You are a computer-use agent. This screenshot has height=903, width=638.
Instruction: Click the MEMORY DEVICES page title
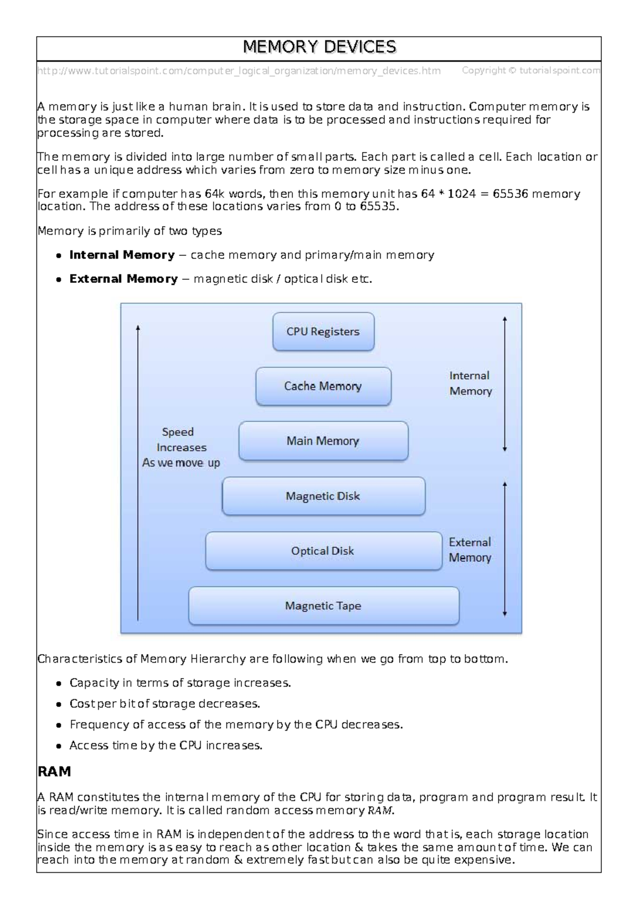[319, 47]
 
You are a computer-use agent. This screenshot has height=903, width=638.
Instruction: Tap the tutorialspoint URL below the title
[239, 71]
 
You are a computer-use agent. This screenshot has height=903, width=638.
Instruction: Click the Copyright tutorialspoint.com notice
[531, 70]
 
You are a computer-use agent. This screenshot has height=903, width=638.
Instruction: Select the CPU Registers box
[323, 332]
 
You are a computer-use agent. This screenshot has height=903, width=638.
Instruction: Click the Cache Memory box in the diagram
[323, 387]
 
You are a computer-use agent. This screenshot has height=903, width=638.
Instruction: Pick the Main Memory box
[323, 441]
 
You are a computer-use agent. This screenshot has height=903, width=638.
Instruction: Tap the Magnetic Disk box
[323, 496]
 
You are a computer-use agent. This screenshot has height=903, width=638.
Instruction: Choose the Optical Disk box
[323, 551]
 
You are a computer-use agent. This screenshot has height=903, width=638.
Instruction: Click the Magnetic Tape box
[323, 606]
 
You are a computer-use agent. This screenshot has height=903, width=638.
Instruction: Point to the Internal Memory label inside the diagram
[470, 383]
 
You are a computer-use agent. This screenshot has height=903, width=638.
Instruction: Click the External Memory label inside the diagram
[469, 550]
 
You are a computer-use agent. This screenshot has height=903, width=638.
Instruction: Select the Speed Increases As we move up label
[180, 448]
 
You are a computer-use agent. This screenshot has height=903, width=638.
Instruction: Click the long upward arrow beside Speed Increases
[138, 473]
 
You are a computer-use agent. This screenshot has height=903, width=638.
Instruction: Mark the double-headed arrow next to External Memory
[505, 550]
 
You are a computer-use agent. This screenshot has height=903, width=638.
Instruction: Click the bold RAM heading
[54, 772]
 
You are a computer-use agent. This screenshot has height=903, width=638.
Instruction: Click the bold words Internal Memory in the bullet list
[122, 255]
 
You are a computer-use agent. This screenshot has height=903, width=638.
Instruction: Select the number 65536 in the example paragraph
[510, 194]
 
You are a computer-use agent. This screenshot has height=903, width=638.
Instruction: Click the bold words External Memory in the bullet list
[123, 279]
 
